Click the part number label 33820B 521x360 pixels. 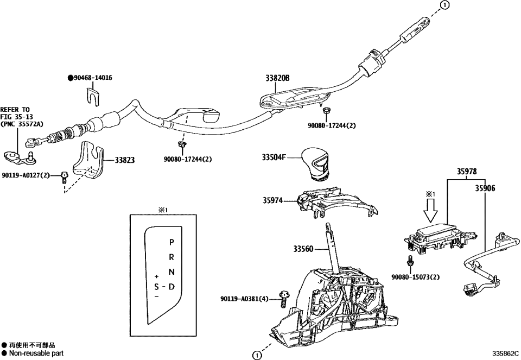tap(277, 79)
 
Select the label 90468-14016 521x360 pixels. tap(92, 78)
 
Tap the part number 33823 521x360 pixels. tap(124, 160)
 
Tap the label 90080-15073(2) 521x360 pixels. tap(415, 277)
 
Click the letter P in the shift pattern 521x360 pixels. tap(171, 242)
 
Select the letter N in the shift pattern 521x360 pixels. tap(171, 272)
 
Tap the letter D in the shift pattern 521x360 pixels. tap(171, 287)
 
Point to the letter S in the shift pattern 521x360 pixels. tap(156, 287)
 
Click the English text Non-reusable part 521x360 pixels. tap(36, 353)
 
